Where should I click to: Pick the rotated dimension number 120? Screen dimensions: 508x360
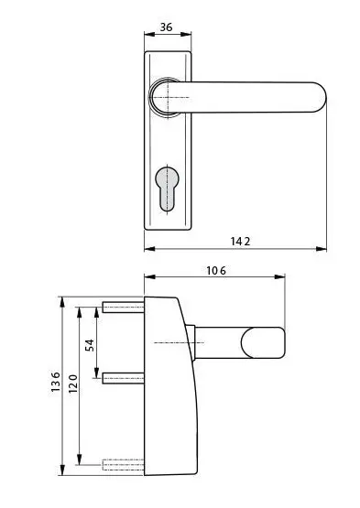pos(73,383)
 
